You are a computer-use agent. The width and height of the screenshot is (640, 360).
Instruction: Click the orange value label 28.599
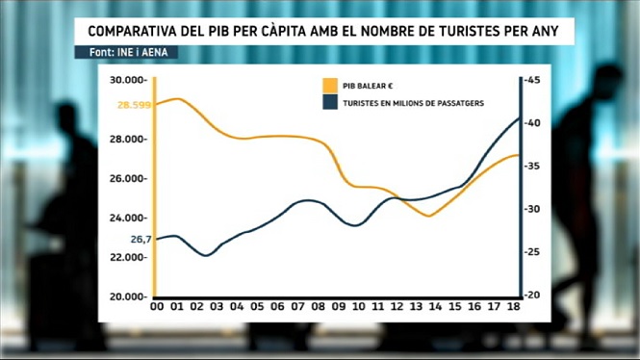pyautogui.click(x=135, y=105)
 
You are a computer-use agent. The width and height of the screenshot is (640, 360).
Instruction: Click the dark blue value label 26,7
pyautogui.click(x=141, y=239)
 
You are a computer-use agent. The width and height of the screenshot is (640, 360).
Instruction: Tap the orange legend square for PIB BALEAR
pyautogui.click(x=330, y=86)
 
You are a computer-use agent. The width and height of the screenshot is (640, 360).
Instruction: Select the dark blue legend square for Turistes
pyautogui.click(x=330, y=102)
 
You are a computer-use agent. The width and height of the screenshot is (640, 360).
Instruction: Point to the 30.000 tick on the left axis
pyautogui.click(x=128, y=80)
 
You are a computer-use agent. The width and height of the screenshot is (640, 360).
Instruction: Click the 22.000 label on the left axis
pyautogui.click(x=128, y=257)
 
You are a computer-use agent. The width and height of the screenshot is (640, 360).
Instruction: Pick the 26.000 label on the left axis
pyautogui.click(x=128, y=178)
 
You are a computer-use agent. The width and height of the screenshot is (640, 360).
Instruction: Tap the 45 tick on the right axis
pyautogui.click(x=532, y=80)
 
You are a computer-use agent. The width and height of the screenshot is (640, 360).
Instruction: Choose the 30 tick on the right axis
pyautogui.click(x=532, y=209)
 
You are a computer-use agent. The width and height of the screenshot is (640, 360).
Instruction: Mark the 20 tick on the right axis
pyautogui.click(x=532, y=295)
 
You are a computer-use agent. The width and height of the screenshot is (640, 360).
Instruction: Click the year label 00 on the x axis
pyautogui.click(x=157, y=306)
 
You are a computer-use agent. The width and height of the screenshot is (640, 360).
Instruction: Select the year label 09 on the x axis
pyautogui.click(x=339, y=306)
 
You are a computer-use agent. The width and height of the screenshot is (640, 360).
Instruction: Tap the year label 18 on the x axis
pyautogui.click(x=514, y=306)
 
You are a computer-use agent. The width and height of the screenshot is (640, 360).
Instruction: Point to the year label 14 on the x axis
pyautogui.click(x=435, y=306)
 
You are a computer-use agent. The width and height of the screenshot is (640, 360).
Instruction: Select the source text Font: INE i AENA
pyautogui.click(x=129, y=52)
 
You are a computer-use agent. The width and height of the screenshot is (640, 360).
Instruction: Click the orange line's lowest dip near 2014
pyautogui.click(x=428, y=216)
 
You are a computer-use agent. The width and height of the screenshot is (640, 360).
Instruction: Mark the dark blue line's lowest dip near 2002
pyautogui.click(x=206, y=255)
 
